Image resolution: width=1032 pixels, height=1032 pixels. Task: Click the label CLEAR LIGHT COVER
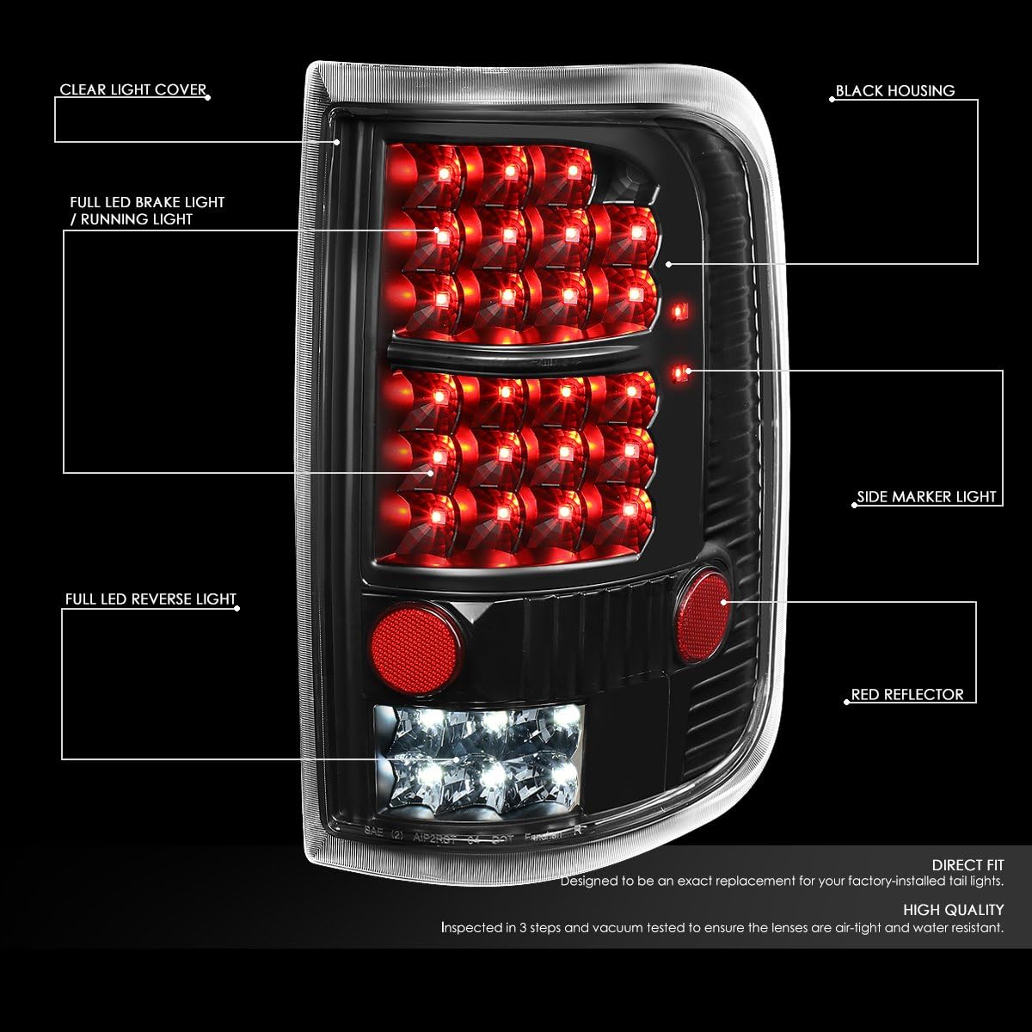click(132, 90)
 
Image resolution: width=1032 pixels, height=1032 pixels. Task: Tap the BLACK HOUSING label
click(894, 91)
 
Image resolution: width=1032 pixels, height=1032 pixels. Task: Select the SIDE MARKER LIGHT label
click(926, 497)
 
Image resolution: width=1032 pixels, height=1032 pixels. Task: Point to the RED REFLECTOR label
click(907, 695)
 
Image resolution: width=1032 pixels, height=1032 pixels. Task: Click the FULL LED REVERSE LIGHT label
click(150, 599)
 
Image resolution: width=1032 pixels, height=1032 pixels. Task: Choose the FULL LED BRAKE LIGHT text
click(147, 203)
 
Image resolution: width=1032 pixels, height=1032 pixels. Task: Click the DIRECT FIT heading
click(967, 865)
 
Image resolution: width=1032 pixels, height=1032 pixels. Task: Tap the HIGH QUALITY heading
click(953, 910)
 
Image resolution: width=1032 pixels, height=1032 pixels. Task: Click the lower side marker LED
click(681, 372)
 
